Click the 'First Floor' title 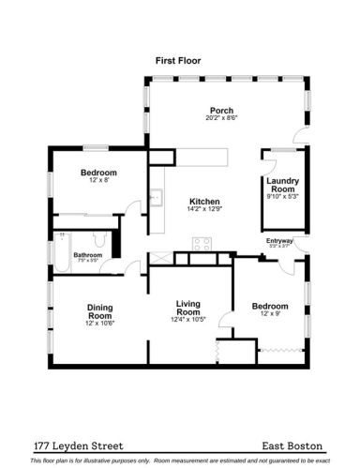pyautogui.click(x=177, y=60)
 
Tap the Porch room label pyautogui.click(x=221, y=110)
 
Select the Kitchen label pyautogui.click(x=203, y=201)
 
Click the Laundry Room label pyautogui.click(x=282, y=185)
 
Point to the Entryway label pyautogui.click(x=279, y=241)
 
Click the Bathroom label pyautogui.click(x=88, y=254)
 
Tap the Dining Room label pyautogui.click(x=99, y=311)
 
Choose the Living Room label pyautogui.click(x=189, y=308)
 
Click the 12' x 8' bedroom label pyautogui.click(x=98, y=173)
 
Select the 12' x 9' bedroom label pyautogui.click(x=270, y=306)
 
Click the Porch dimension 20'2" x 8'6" pyautogui.click(x=221, y=118)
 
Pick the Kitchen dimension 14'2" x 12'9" pyautogui.click(x=203, y=210)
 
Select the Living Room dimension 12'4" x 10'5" pyautogui.click(x=189, y=320)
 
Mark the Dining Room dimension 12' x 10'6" pyautogui.click(x=100, y=325)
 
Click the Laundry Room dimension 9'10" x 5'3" pyautogui.click(x=282, y=197)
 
